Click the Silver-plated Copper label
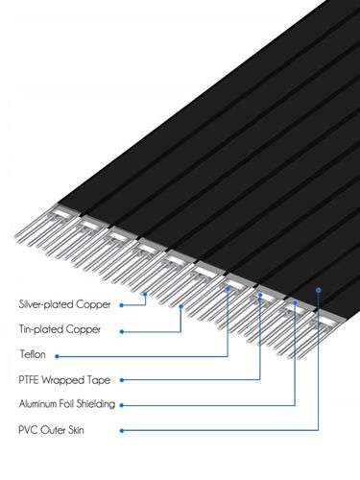coord(64,305)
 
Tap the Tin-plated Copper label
coord(59,330)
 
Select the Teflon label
coord(33,355)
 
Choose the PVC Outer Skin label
coord(51,429)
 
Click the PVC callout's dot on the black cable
coord(319,286)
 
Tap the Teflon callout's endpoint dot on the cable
coord(228,286)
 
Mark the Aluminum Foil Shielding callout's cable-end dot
coord(293,303)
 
